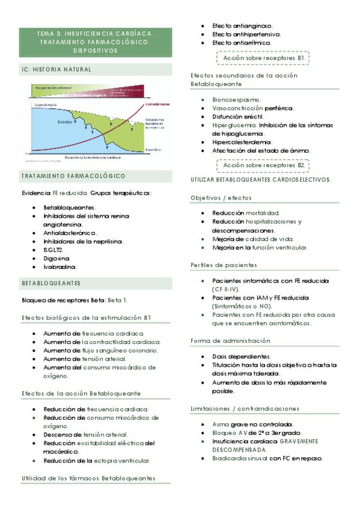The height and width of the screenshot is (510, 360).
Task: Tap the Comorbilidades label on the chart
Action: coord(157,104)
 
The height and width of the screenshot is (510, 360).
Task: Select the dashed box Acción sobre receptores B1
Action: coord(263,58)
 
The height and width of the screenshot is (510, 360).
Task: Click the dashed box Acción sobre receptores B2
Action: coord(263,165)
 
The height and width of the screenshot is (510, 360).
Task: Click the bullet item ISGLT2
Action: coord(53,250)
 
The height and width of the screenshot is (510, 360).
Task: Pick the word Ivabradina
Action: coord(60,266)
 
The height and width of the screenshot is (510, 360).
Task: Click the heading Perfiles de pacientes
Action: coord(224,265)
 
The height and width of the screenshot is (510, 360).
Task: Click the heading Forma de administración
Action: coord(229,341)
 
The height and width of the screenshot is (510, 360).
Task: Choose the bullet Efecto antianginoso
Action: coord(242,26)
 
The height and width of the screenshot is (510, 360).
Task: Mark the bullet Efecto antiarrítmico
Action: coord(243,43)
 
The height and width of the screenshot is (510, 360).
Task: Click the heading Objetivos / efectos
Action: coord(221,198)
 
